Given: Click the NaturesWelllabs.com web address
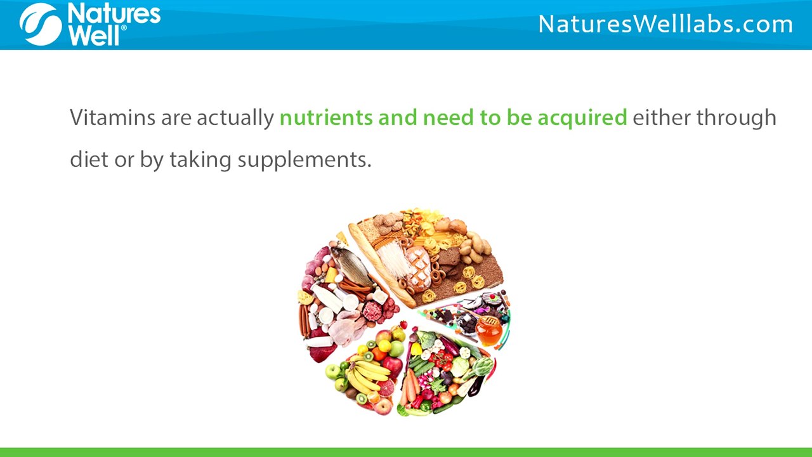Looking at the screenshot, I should pos(665,24).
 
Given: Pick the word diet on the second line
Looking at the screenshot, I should pos(89,159).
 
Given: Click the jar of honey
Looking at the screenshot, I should pos(488,330).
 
